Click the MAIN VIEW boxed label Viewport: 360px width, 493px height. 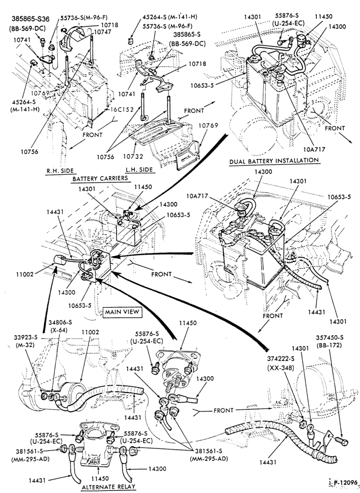pyautogui.click(x=122, y=312)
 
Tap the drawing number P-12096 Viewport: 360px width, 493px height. pyautogui.click(x=346, y=483)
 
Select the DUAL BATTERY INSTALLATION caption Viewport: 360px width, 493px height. pyautogui.click(x=274, y=161)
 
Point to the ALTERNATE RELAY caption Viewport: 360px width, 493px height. pyautogui.click(x=108, y=487)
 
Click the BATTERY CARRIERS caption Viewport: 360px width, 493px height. pyautogui.click(x=100, y=178)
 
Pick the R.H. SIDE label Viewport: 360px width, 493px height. pyautogui.click(x=60, y=171)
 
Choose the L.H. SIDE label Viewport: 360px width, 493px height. pyautogui.click(x=139, y=169)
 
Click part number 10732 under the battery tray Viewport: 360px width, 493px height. pyautogui.click(x=133, y=156)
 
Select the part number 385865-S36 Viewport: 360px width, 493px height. pyautogui.click(x=31, y=19)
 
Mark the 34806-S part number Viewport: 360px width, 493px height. pyautogui.click(x=60, y=322)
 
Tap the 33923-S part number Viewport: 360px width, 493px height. pyautogui.click(x=25, y=338)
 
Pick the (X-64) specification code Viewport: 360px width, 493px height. pyautogui.click(x=60, y=330)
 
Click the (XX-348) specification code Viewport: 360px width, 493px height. pyautogui.click(x=281, y=367)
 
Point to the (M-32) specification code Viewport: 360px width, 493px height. pyautogui.click(x=25, y=345)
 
